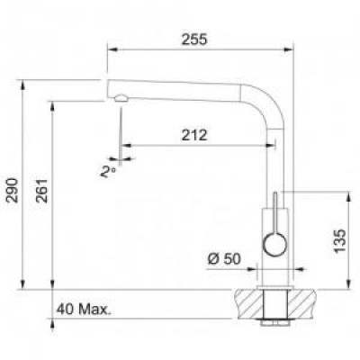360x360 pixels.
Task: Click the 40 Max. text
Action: (83, 310)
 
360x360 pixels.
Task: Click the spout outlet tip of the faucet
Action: (117, 94)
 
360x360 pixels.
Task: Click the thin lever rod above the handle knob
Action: (275, 209)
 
